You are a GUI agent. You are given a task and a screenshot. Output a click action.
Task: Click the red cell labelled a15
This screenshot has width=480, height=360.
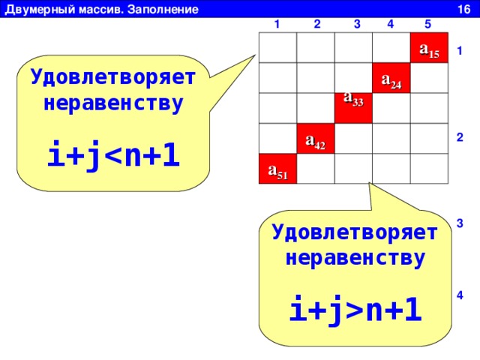429,47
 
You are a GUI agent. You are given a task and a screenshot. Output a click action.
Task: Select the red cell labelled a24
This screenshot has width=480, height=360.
391,78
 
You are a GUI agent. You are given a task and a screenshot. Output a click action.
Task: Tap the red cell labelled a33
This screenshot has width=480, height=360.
353,108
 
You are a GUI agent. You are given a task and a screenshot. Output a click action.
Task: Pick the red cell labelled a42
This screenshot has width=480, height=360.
316,138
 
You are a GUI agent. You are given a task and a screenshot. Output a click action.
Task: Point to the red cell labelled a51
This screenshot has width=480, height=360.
278,169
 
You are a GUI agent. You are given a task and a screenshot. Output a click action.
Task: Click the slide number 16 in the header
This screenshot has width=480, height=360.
463,10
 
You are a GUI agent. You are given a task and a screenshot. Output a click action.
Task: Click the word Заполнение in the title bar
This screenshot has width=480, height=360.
163,10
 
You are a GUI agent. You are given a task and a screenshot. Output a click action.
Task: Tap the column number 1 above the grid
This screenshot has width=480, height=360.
277,24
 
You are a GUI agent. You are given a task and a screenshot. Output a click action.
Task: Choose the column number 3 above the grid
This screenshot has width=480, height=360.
357,24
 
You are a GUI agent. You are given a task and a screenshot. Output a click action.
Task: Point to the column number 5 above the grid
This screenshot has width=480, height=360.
428,24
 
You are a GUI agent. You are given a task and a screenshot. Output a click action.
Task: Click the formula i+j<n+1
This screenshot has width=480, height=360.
113,154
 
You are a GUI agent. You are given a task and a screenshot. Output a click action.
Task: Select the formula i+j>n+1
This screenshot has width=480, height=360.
355,310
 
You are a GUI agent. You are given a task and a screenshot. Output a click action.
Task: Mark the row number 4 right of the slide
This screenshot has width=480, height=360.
460,295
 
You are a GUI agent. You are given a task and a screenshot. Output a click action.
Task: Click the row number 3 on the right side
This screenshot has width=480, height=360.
460,223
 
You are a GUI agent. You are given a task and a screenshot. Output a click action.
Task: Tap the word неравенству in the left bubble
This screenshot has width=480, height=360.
113,103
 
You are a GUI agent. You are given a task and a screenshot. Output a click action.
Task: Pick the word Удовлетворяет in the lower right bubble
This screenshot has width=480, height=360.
355,232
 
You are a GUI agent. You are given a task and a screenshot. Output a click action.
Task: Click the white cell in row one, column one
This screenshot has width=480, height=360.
278,47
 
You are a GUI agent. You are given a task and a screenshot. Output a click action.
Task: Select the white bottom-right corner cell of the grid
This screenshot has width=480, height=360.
429,169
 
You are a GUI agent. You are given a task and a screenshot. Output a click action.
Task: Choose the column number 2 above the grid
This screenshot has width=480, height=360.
317,24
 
